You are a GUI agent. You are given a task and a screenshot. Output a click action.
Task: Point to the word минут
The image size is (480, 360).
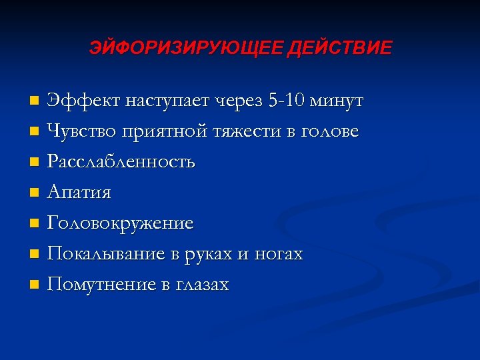pyautogui.click(x=341, y=101)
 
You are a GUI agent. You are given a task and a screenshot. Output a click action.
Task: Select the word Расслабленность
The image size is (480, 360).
pyautogui.click(x=121, y=162)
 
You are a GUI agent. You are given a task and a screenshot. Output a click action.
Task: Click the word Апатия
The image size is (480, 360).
pyautogui.click(x=79, y=193)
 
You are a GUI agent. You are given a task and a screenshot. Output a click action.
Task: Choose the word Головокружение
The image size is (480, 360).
pyautogui.click(x=121, y=224)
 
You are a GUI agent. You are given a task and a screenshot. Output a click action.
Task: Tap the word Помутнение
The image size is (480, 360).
pyautogui.click(x=102, y=285)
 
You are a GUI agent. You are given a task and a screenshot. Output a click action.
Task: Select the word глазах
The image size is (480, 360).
pyautogui.click(x=203, y=285)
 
